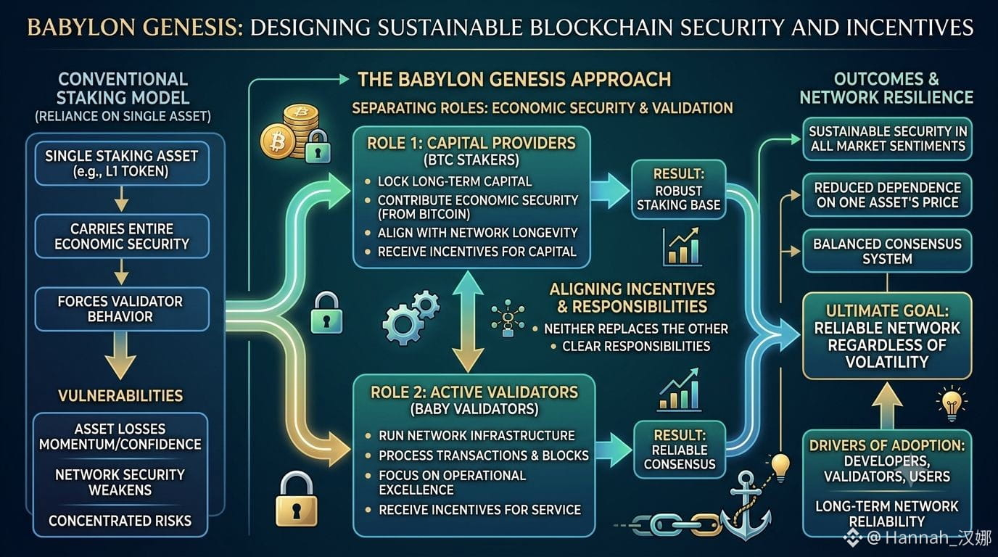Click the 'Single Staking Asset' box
122,163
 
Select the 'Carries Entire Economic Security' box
122,236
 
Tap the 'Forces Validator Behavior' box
122,309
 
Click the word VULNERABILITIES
120,396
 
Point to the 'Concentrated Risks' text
120,521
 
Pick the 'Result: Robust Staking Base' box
679,189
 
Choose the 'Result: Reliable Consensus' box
680,450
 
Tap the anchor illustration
745,506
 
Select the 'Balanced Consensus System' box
887,251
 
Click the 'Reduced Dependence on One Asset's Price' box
887,194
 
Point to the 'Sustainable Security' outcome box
887,139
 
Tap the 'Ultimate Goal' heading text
887,310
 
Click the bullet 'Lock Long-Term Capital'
455,181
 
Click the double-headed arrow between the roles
468,322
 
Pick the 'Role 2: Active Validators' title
474,392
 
